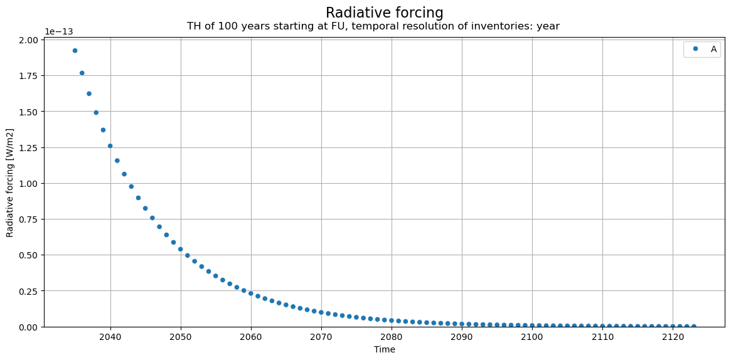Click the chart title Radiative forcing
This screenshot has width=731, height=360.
click(384, 13)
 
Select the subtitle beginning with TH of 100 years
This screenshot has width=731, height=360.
click(373, 26)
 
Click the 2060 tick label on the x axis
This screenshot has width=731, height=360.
click(251, 336)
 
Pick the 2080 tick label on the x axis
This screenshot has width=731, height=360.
click(392, 336)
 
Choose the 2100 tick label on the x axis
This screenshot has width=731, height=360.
click(532, 336)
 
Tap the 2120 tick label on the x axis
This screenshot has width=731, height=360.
click(673, 336)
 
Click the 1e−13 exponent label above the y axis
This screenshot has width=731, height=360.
click(59, 31)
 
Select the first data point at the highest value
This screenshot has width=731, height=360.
click(75, 50)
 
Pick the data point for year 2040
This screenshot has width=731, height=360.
click(110, 146)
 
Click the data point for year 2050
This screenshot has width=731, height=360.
click(181, 249)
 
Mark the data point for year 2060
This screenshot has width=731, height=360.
click(251, 294)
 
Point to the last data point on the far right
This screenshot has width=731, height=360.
click(694, 327)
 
